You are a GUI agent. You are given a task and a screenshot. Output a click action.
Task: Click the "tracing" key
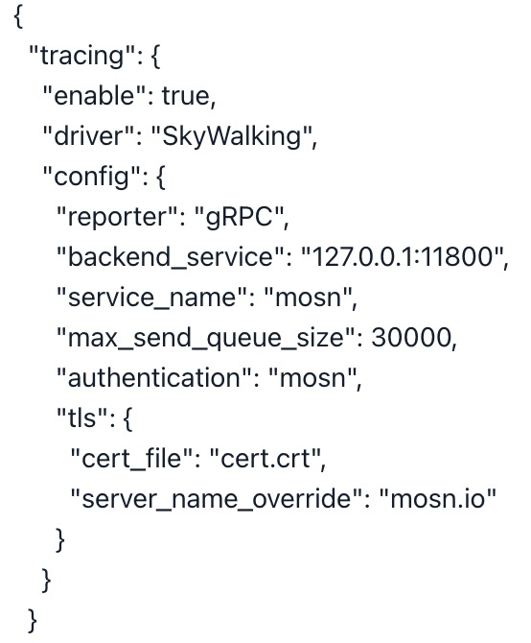point(82,56)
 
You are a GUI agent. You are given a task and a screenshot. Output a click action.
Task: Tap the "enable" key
point(95,96)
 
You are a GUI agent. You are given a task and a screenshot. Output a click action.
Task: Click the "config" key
point(91,178)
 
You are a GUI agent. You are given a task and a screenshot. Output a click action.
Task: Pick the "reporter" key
point(116,217)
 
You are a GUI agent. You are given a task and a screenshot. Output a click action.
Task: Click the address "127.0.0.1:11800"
point(402,256)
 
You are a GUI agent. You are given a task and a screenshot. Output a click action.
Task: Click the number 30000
point(411,338)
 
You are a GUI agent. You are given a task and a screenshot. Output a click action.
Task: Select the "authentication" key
point(154,378)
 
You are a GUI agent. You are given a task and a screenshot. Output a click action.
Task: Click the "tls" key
point(82,417)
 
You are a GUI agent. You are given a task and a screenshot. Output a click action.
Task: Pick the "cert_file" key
point(131,459)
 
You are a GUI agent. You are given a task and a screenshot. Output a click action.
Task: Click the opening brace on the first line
point(18,17)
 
